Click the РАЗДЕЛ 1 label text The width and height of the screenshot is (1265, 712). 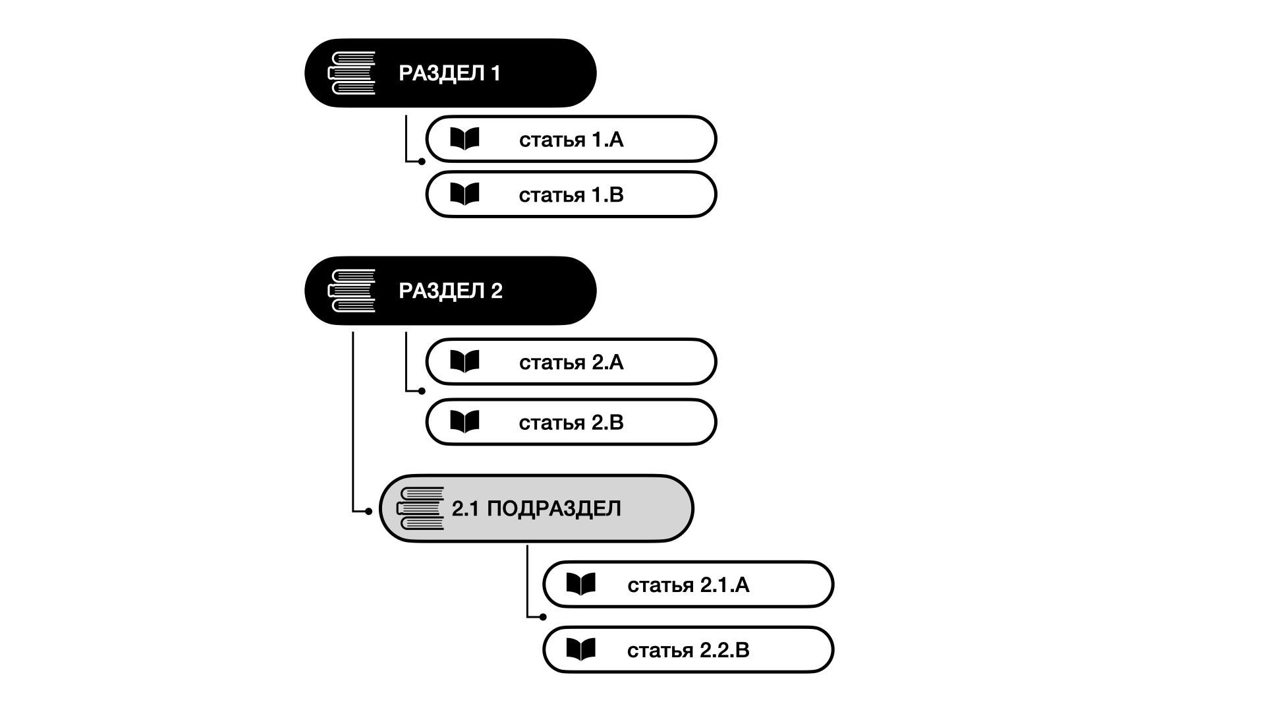[x=449, y=73]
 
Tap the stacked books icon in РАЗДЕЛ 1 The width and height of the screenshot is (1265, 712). [x=352, y=73]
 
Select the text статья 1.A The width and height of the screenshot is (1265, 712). [x=571, y=140]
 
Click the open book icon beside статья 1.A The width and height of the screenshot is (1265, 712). [x=464, y=139]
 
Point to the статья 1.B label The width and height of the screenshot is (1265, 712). [x=571, y=195]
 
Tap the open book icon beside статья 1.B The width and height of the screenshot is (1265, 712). [x=464, y=194]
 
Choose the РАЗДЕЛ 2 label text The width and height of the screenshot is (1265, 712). [x=451, y=291]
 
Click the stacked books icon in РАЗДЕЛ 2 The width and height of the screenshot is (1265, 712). [x=352, y=291]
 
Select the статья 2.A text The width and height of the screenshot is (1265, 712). [x=571, y=363]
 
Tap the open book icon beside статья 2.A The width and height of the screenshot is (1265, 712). [x=464, y=362]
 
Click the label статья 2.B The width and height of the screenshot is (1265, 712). [x=571, y=423]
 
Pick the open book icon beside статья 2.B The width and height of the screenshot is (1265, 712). [x=464, y=422]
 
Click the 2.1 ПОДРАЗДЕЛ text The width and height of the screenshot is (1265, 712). [x=536, y=509]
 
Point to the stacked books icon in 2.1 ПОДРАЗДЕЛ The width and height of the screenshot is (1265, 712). [x=420, y=509]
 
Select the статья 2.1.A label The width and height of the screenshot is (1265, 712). [x=688, y=585]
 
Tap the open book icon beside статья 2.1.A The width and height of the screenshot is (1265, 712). [x=581, y=585]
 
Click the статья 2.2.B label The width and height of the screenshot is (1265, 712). [x=688, y=651]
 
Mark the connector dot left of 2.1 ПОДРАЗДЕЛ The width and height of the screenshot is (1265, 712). [x=369, y=512]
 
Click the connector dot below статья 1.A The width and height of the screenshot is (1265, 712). [x=422, y=162]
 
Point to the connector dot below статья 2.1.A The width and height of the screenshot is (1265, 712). [x=543, y=618]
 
